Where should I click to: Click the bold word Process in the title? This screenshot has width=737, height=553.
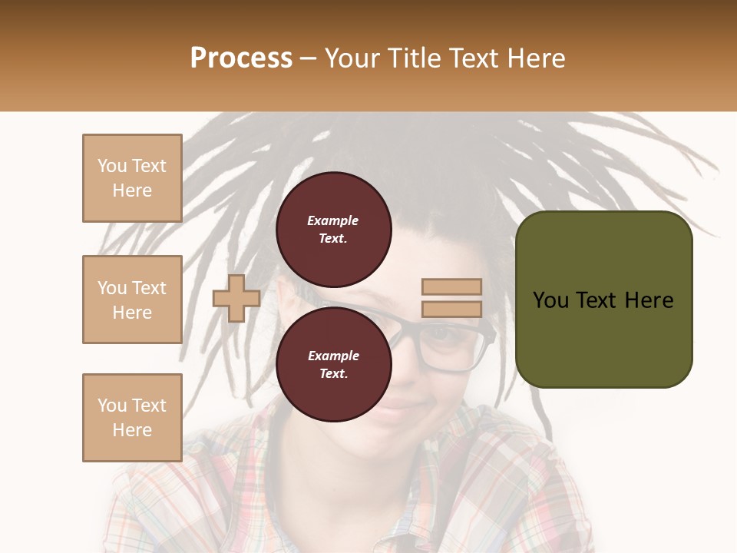tap(241, 58)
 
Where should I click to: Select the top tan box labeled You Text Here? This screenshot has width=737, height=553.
tap(132, 178)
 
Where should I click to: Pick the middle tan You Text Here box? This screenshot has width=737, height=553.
tap(132, 300)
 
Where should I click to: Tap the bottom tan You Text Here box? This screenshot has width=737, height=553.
tap(132, 418)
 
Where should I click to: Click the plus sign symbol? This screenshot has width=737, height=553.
tap(236, 298)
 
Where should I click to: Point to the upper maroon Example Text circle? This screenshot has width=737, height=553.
tap(333, 229)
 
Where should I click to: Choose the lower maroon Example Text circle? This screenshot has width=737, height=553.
tap(333, 364)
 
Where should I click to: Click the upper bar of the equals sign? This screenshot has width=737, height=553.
tap(451, 286)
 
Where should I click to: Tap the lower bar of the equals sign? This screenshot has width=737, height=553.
tap(451, 310)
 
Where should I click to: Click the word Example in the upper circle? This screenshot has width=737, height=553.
tap(333, 220)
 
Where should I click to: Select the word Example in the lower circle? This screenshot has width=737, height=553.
tap(333, 356)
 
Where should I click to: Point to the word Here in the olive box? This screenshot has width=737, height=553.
tap(649, 300)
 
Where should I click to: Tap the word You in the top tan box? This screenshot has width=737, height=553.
tap(112, 166)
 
